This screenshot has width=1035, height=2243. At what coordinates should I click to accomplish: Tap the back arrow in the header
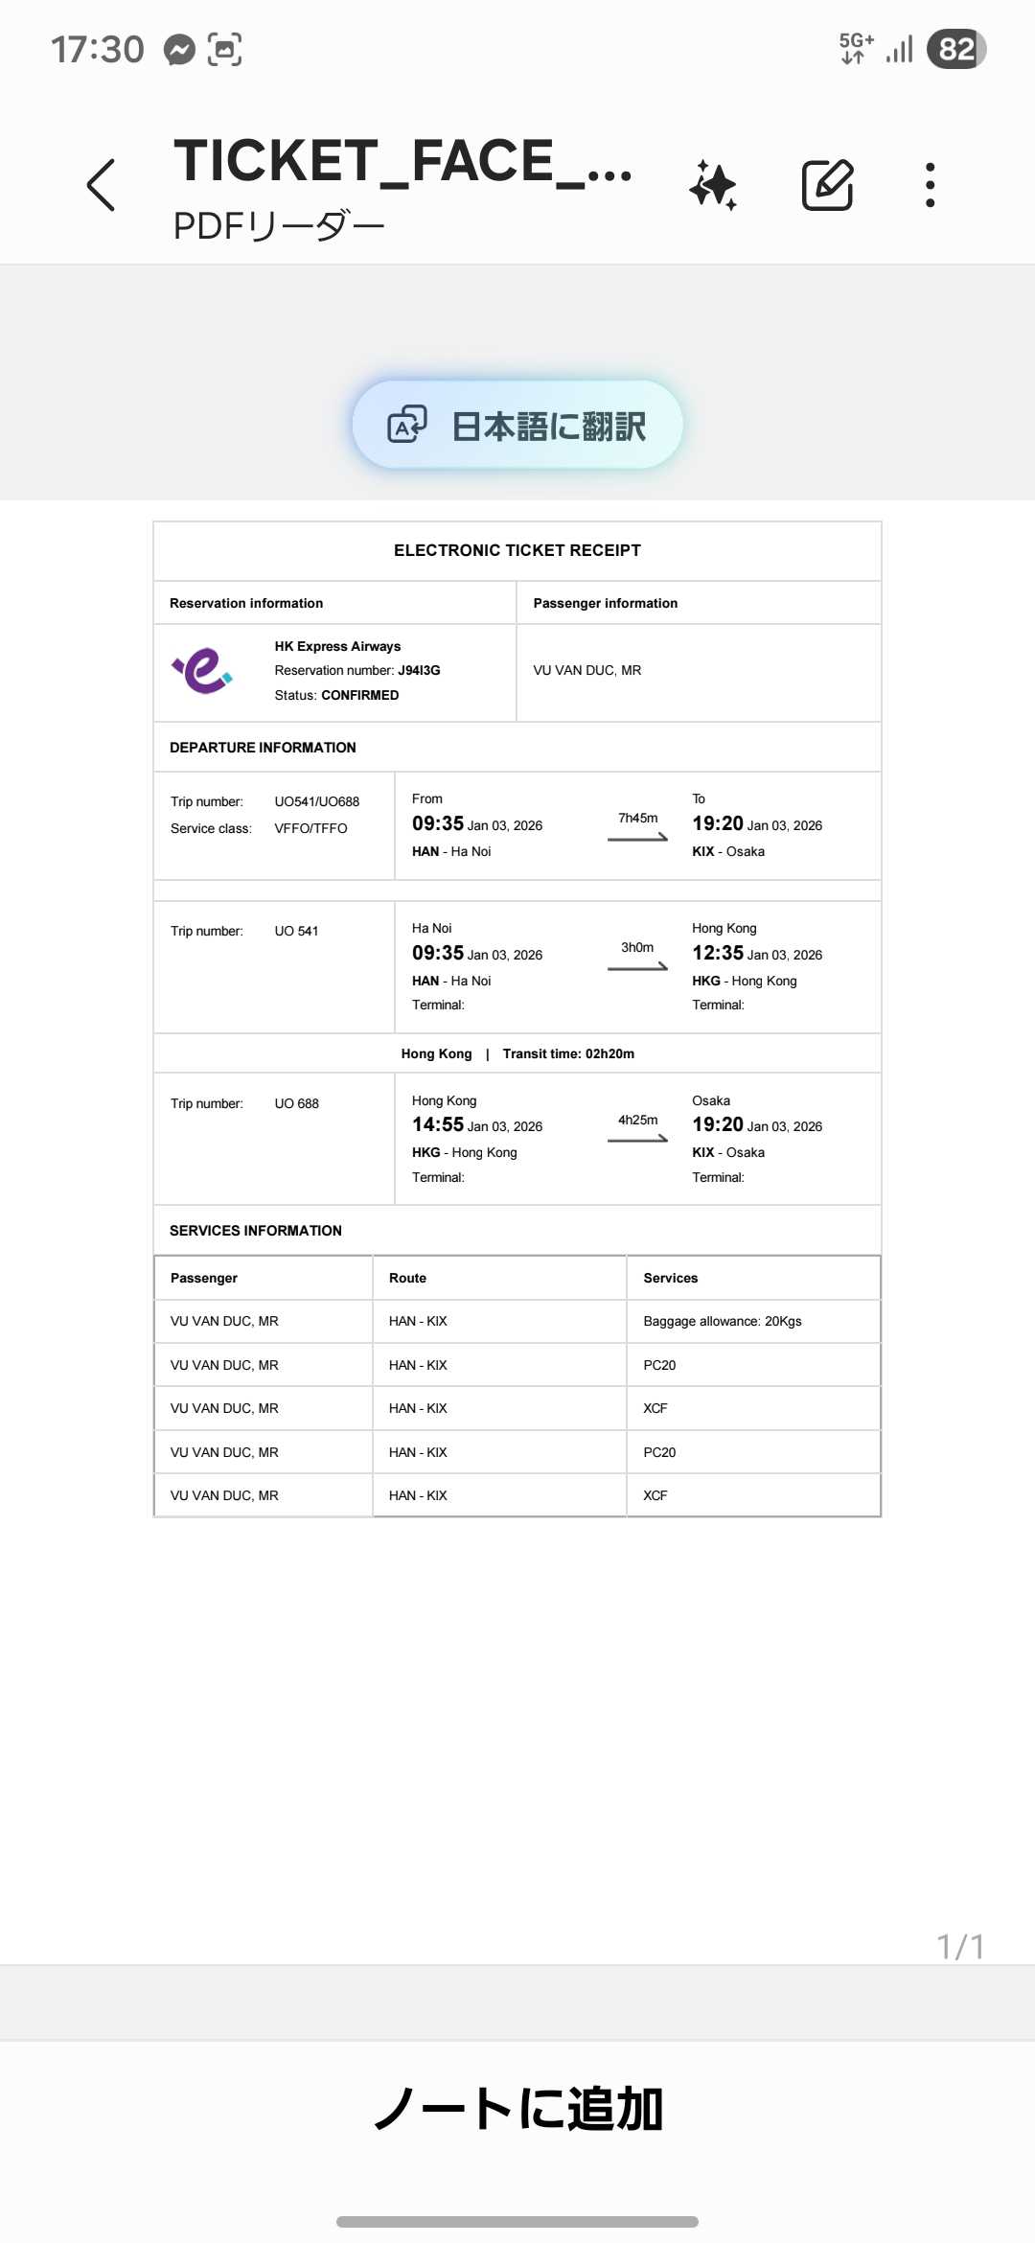pos(101,185)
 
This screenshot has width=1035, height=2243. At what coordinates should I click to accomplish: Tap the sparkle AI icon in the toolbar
pos(713,185)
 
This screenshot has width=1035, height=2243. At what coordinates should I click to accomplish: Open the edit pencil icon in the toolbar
pos(827,185)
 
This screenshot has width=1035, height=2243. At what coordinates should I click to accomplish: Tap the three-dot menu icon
pos(930,185)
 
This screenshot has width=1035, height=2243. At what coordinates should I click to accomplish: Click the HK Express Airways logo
pos(202,671)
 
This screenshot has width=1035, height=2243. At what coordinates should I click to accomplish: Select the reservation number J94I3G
pos(419,671)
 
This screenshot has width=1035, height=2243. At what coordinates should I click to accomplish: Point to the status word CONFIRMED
pos(359,695)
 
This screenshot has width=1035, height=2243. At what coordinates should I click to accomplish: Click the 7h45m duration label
pos(637,818)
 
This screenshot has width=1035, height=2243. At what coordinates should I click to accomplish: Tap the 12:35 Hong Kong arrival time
pos(718,953)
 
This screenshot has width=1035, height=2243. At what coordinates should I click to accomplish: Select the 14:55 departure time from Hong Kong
pos(438,1124)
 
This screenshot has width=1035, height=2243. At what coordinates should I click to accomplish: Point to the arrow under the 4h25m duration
pos(637,1140)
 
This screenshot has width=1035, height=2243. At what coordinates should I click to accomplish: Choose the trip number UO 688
pos(296,1103)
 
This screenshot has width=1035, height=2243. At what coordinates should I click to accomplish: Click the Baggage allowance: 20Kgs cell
pos(723,1321)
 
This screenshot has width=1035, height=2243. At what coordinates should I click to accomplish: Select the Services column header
pos(671,1278)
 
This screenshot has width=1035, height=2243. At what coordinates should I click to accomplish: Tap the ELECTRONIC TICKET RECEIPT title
pos(517,550)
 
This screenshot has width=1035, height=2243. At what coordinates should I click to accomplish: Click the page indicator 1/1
pos(960,1947)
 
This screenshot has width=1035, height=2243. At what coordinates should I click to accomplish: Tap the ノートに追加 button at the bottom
pos(517,2110)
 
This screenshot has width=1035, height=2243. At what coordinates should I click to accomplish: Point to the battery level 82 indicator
pos(956,49)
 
